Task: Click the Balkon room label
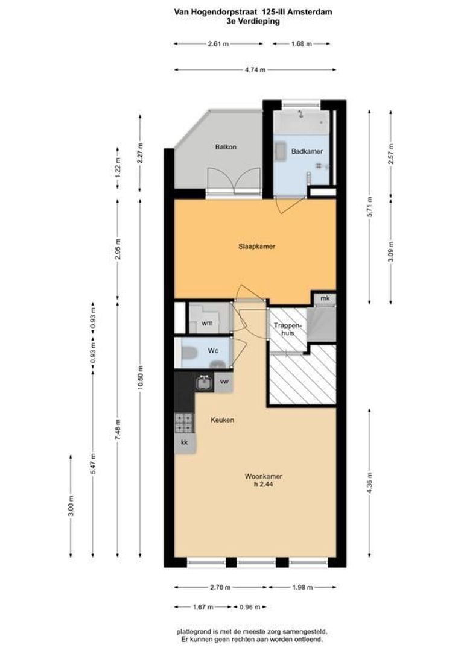[x=226, y=147]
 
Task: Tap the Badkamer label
[x=304, y=151]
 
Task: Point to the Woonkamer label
[x=263, y=476]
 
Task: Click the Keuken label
[x=222, y=420]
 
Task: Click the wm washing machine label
[x=207, y=324]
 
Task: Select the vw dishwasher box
[x=224, y=382]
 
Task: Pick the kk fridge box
[x=185, y=443]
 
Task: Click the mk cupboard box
[x=325, y=299]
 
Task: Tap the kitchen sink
[x=203, y=382]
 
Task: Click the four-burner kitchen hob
[x=184, y=423]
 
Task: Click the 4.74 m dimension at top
[x=255, y=70]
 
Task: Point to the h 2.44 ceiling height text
[x=263, y=485]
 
